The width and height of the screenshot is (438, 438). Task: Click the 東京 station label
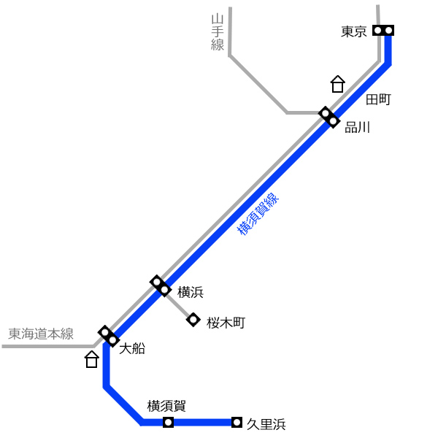353,31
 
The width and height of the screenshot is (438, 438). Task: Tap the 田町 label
378,99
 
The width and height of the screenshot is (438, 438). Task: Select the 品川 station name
357,127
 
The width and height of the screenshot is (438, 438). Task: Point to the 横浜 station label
191,292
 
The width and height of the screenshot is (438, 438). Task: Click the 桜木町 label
226,323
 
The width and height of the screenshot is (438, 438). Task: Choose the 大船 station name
132,349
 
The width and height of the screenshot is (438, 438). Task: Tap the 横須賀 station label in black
166,406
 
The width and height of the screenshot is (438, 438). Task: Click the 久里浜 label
266,424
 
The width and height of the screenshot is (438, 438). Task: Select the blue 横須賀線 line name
258,214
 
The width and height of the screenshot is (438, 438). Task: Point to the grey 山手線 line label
218,32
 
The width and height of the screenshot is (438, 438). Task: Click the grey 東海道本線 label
41,334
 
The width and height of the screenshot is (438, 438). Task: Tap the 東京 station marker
383,30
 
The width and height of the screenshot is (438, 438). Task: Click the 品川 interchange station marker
329,118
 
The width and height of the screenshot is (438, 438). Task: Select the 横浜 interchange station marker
161,285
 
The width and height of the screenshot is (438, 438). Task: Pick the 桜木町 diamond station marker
193,320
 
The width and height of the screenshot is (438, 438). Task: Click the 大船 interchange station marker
109,337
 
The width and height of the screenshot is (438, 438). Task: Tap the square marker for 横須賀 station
168,422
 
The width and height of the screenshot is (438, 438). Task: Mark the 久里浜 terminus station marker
237,422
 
